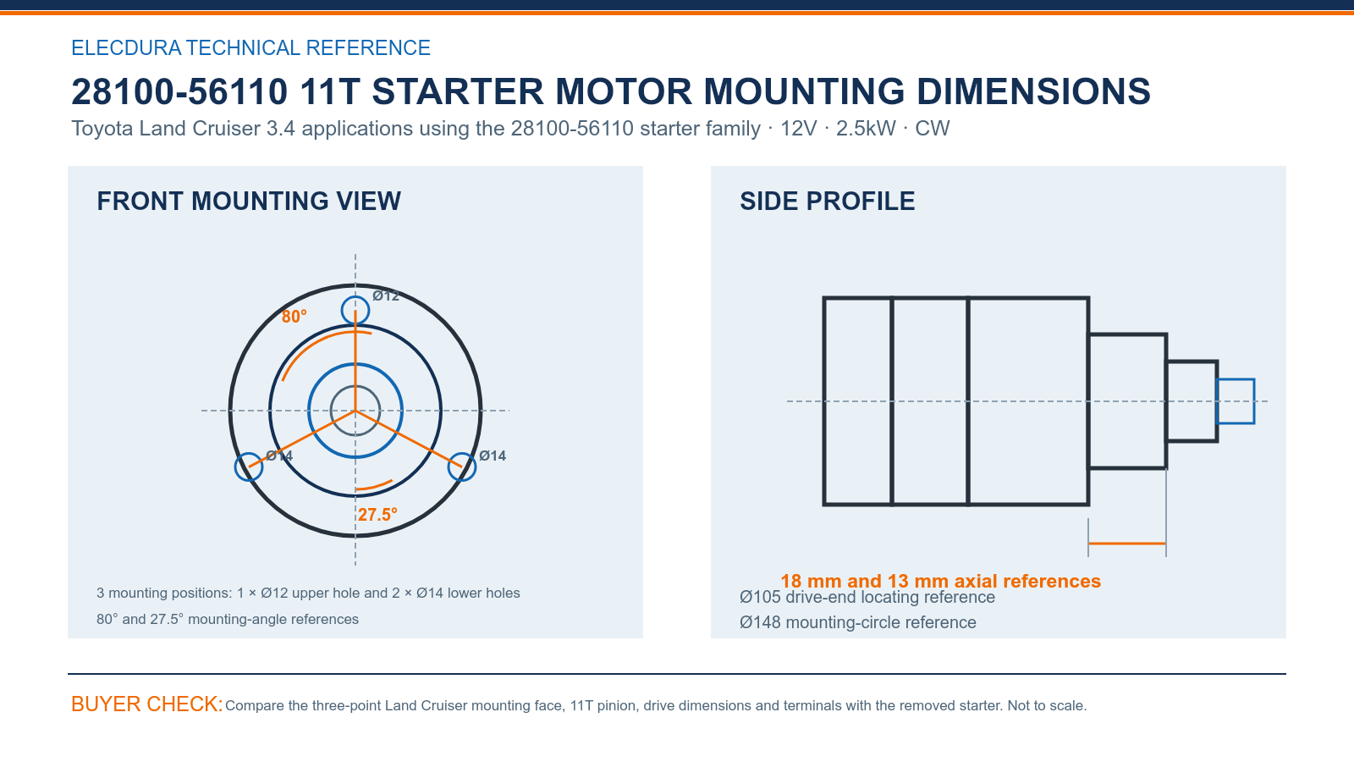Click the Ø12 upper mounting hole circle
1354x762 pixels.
[355, 297]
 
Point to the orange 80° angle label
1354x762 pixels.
[294, 317]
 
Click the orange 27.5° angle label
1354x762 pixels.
[377, 515]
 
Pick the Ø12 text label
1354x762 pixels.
[386, 295]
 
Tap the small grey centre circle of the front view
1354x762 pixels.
[355, 386]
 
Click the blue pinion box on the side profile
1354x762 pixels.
[1236, 380]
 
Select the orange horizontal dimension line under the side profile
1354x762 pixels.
[1127, 544]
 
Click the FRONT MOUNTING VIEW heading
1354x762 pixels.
[249, 202]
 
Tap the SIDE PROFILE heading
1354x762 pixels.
[828, 202]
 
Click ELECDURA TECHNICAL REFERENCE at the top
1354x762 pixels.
[250, 47]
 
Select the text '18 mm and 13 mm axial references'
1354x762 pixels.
[940, 581]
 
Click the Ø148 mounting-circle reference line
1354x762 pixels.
[858, 622]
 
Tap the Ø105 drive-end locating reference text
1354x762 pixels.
[867, 597]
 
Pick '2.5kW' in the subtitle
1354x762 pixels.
[866, 129]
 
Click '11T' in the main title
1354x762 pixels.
[329, 92]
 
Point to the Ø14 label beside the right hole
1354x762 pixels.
[493, 456]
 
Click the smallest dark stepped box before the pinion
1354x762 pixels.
[1192, 362]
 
